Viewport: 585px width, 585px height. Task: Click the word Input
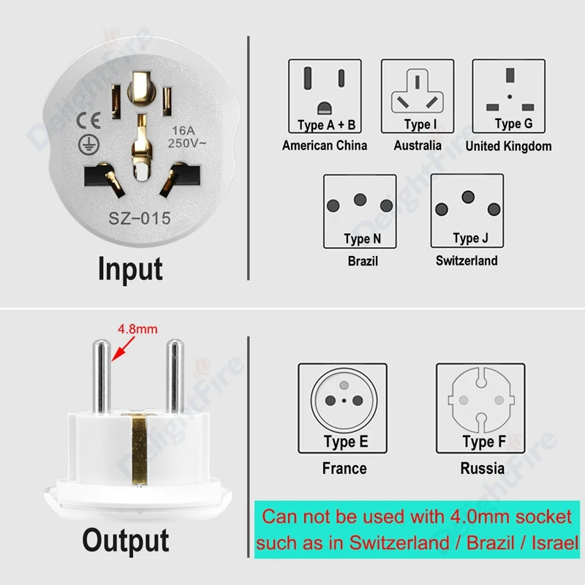pyautogui.click(x=130, y=268)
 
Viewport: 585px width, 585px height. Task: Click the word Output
pyautogui.click(x=125, y=540)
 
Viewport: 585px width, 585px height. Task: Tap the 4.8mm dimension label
pyautogui.click(x=137, y=329)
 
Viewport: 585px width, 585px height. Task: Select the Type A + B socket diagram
pyautogui.click(x=326, y=95)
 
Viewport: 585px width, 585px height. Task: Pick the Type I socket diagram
pyautogui.click(x=418, y=95)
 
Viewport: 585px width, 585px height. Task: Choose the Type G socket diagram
pyautogui.click(x=508, y=95)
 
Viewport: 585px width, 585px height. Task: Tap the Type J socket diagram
pyautogui.click(x=467, y=210)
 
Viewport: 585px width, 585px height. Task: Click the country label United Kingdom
pyautogui.click(x=508, y=146)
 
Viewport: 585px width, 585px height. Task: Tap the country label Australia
pyautogui.click(x=418, y=145)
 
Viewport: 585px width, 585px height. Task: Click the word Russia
pyautogui.click(x=482, y=468)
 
